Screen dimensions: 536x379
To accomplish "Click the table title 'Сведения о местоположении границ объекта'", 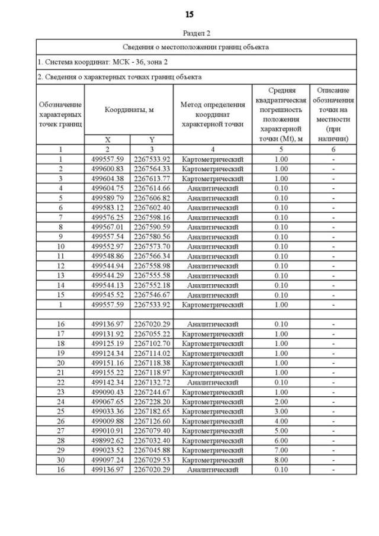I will [196, 47].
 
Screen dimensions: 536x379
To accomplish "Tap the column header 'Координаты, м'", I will [129, 110].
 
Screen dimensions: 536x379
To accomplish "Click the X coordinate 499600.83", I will [107, 169].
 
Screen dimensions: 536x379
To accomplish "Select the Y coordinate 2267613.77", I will [152, 178].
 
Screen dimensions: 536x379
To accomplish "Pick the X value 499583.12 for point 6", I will [107, 207].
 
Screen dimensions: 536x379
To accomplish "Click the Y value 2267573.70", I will [152, 246].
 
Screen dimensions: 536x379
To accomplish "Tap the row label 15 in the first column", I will [60, 295].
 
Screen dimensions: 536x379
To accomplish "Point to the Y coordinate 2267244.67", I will [152, 392].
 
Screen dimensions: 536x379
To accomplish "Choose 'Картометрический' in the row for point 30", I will [212, 460].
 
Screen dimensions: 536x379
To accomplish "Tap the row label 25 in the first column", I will [60, 412].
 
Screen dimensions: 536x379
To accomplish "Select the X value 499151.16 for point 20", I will [107, 363].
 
